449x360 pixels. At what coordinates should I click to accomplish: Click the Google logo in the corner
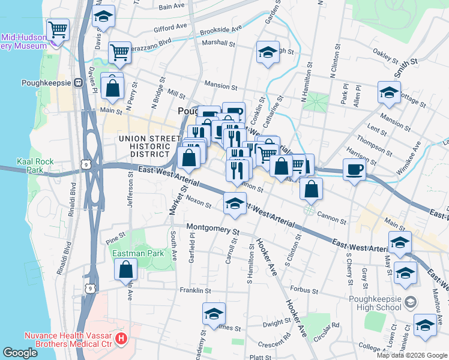pos(20,353)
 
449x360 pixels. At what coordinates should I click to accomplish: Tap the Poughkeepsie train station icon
pos(77,83)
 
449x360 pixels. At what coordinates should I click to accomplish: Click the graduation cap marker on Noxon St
pos(235,203)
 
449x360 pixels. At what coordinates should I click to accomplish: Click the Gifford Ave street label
pos(170,28)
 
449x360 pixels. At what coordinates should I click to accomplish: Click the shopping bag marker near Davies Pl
pos(112,88)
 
